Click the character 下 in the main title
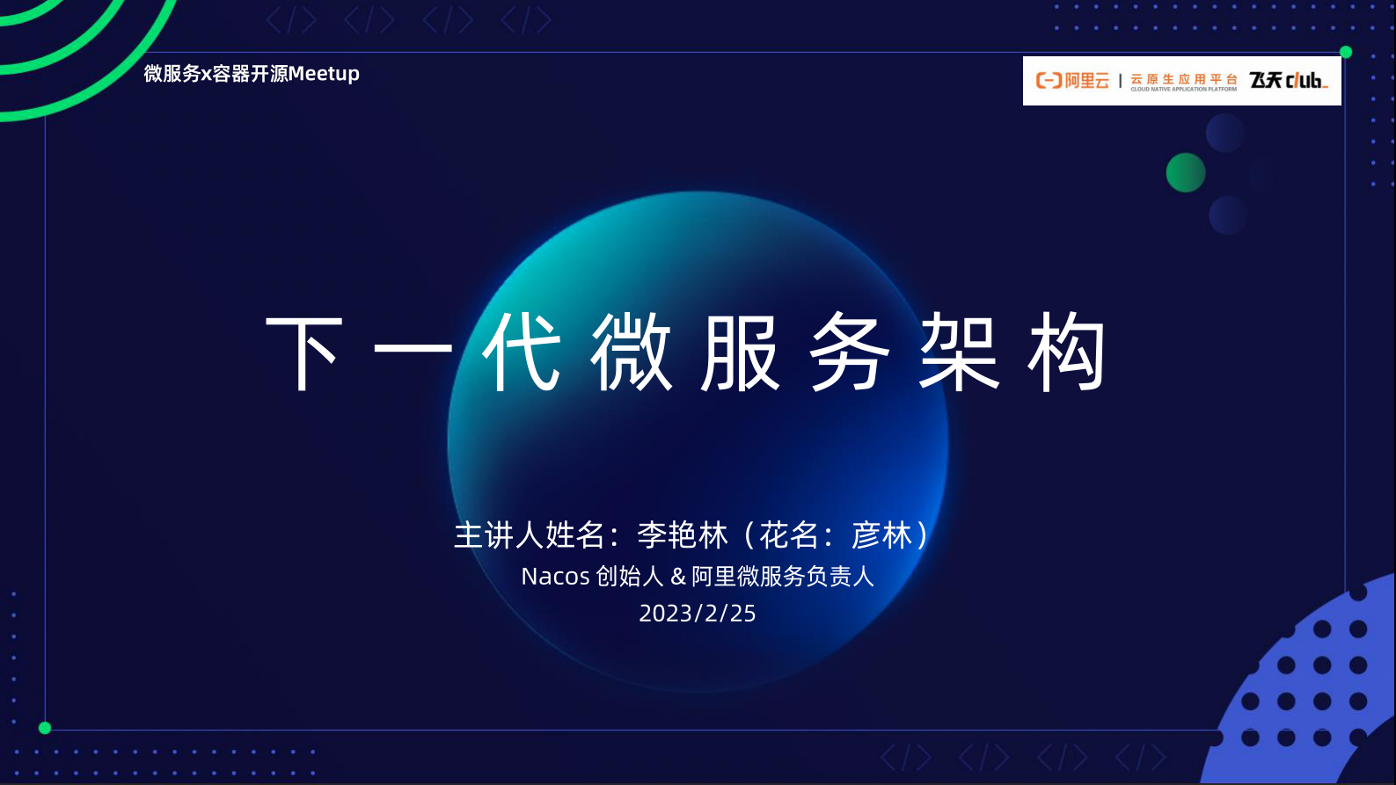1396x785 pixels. tap(304, 353)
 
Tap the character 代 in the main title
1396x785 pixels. tap(521, 353)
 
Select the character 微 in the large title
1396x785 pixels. tap(632, 353)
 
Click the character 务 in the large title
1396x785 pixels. tap(849, 353)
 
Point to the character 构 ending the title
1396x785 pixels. tap(1066, 353)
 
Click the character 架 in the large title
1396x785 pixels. tap(959, 353)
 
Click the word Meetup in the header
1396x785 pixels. tap(324, 74)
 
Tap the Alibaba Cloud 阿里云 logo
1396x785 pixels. tap(1073, 81)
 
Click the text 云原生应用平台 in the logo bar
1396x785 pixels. tap(1184, 79)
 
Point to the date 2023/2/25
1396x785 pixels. tap(698, 614)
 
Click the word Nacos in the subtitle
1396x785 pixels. tap(555, 577)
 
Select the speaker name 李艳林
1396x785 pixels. tap(683, 535)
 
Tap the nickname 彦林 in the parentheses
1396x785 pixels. tap(882, 535)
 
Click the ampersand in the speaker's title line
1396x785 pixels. tap(678, 577)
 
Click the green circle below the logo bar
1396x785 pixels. tap(1186, 172)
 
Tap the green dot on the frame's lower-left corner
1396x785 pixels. tap(45, 728)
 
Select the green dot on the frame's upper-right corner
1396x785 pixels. tap(1345, 52)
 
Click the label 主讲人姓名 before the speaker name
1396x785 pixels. tap(529, 535)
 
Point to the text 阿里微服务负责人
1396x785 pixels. tap(783, 577)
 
